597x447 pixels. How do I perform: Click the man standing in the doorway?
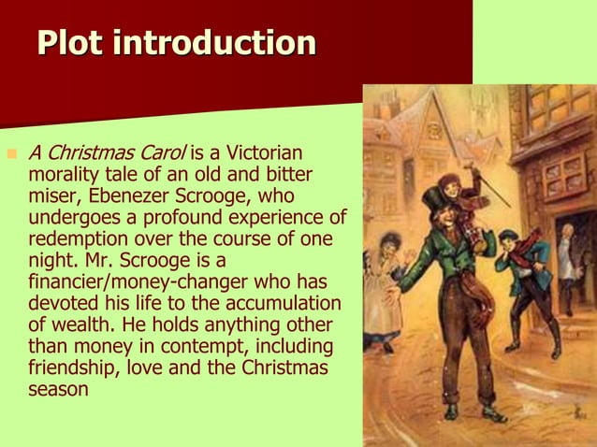tap(566, 267)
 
